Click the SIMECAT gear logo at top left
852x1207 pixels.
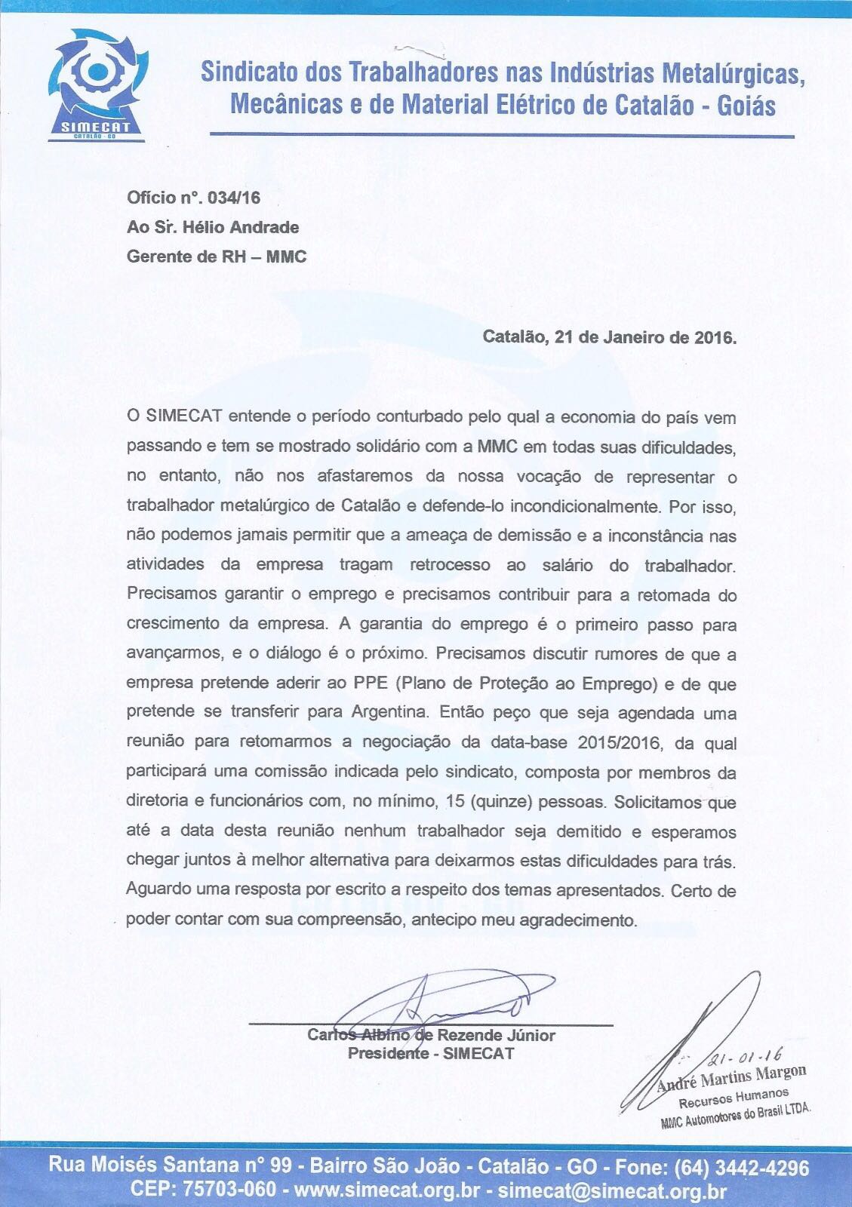[95, 83]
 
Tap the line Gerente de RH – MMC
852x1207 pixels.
[217, 256]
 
